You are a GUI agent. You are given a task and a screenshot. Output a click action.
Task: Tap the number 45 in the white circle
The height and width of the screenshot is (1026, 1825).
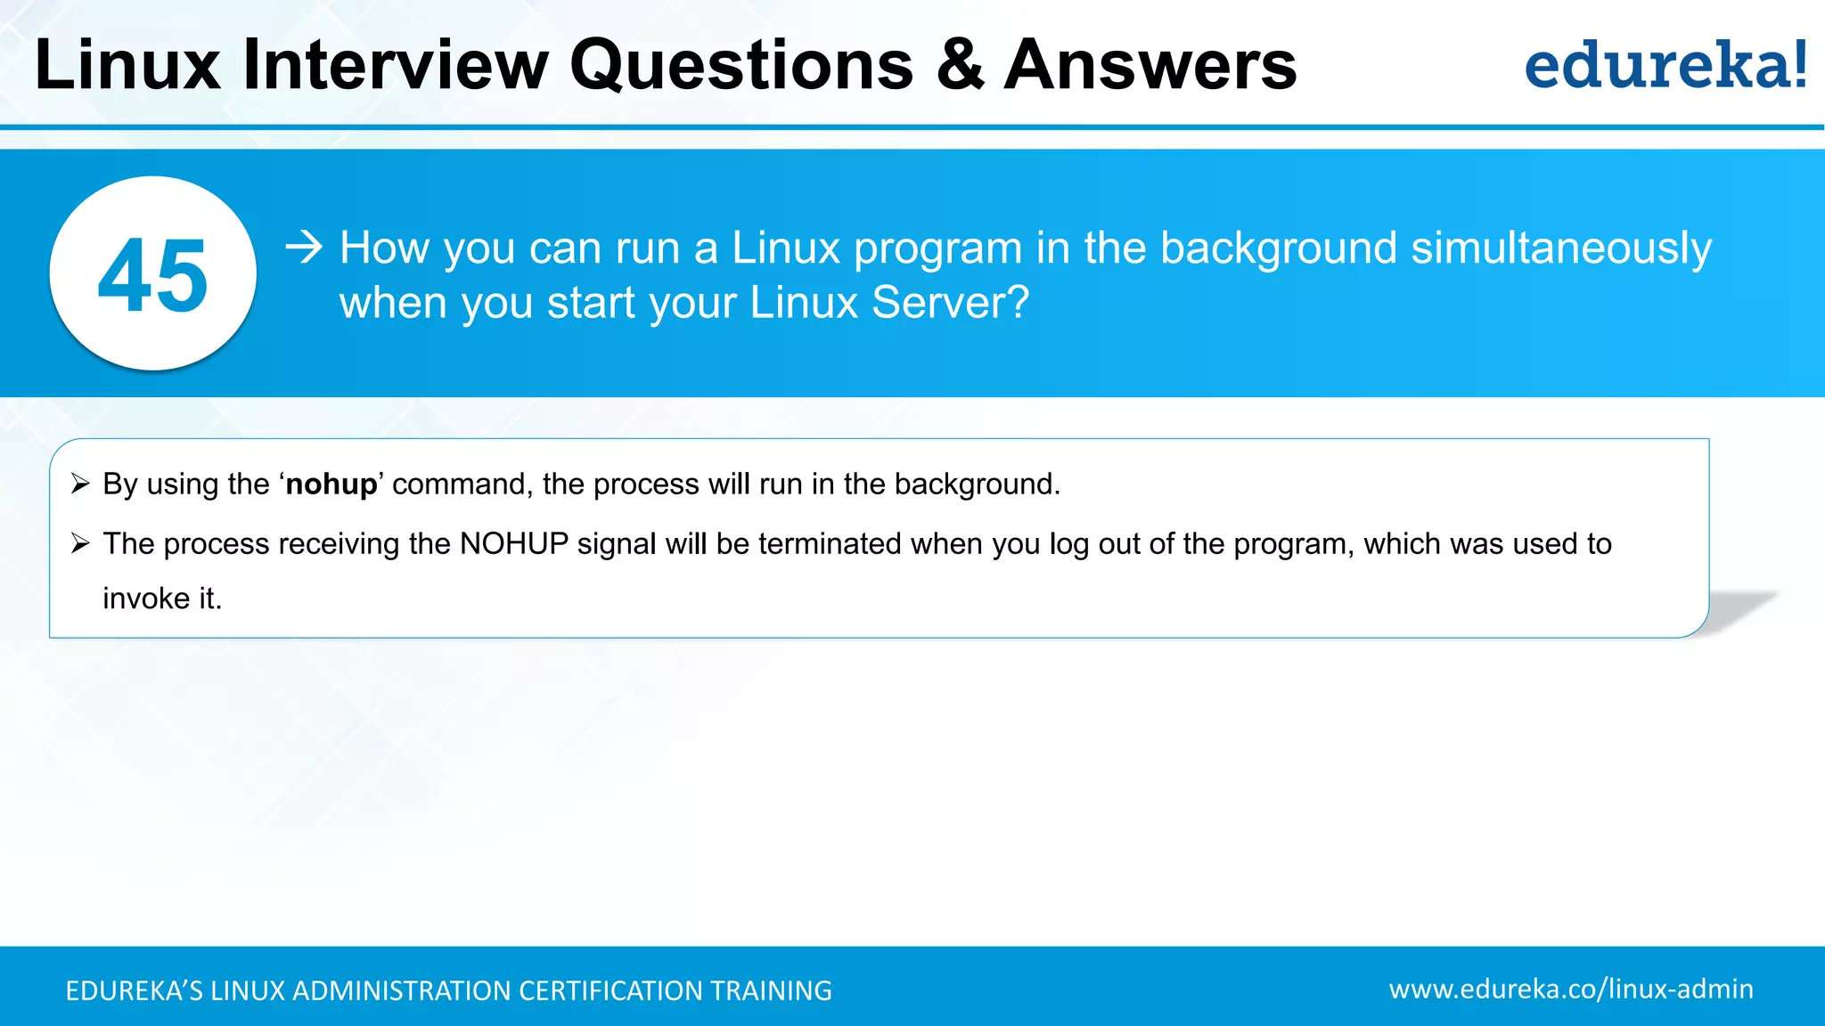(x=152, y=276)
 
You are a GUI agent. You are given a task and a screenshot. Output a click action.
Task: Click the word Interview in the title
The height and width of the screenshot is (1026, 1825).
(x=396, y=65)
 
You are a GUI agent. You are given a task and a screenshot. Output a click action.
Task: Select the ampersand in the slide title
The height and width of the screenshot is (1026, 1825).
(x=960, y=65)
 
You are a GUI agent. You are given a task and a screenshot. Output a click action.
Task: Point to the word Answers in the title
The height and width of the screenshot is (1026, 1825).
(x=1150, y=65)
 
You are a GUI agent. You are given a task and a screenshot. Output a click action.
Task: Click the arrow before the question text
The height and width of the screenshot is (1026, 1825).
(x=304, y=247)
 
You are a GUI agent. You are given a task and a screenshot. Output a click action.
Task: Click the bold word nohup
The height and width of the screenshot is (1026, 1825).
(x=331, y=484)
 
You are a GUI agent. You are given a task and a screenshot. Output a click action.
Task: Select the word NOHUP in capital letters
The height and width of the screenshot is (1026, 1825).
(x=513, y=544)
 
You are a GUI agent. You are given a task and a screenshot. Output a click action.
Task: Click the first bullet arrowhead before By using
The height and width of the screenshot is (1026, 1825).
(x=80, y=484)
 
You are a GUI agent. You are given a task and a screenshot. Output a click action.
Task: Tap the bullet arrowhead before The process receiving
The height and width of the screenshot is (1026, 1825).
(x=80, y=543)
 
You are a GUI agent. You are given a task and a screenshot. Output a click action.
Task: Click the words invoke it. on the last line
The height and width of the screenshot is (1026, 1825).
(x=162, y=598)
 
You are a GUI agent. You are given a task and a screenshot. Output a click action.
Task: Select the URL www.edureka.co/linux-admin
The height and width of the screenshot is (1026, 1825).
(x=1570, y=989)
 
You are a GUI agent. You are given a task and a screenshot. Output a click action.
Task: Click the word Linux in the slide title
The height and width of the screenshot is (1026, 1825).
(x=127, y=65)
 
